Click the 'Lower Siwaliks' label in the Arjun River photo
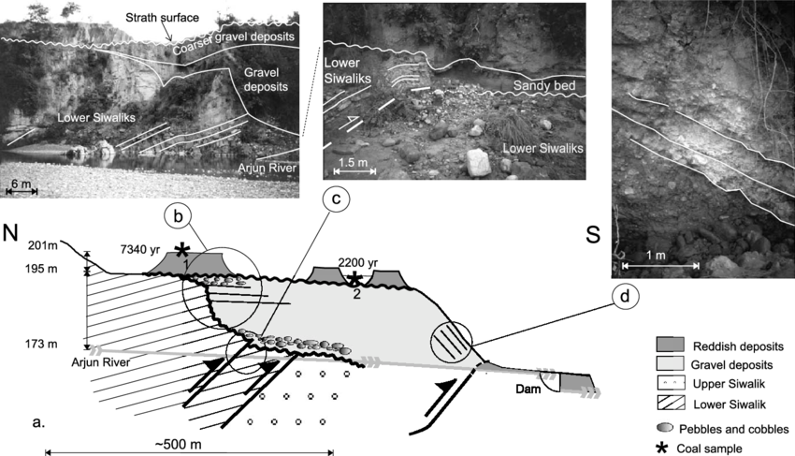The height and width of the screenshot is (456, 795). click(x=94, y=118)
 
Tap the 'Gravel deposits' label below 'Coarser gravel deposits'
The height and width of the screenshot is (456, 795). click(x=261, y=78)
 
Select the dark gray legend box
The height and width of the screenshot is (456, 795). click(x=672, y=344)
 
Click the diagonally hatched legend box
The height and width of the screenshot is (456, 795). click(x=672, y=403)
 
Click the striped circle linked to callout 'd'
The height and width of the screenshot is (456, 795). click(x=451, y=338)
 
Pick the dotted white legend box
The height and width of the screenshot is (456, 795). click(x=672, y=383)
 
